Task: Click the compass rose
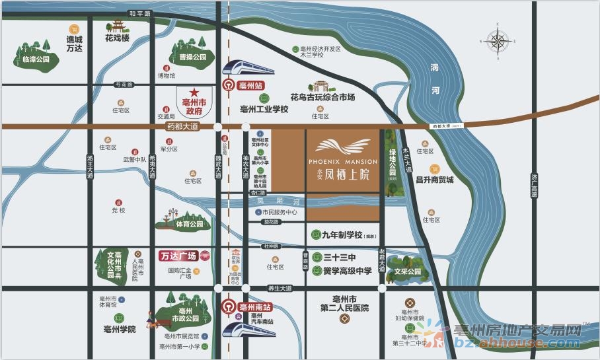(x=496, y=41)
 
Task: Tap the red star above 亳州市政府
(x=194, y=93)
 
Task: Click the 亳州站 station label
(x=250, y=85)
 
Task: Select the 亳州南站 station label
(x=254, y=306)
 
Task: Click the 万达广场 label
(x=179, y=256)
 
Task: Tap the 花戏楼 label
(x=117, y=38)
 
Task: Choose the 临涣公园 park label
(x=32, y=59)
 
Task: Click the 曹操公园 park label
(x=192, y=57)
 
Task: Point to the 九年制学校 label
(x=342, y=235)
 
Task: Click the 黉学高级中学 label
(x=348, y=270)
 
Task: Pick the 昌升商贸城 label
(x=434, y=180)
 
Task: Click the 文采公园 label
(x=408, y=271)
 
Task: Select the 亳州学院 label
(x=119, y=328)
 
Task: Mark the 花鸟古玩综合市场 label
(x=322, y=97)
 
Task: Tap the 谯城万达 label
(x=74, y=44)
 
